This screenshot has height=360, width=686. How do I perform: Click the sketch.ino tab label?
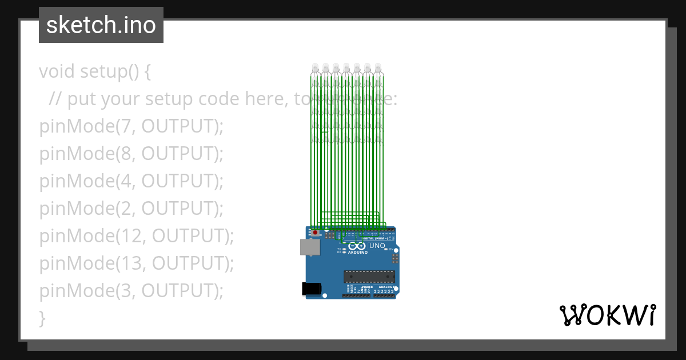coord(101,25)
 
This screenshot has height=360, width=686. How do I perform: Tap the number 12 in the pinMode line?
coord(127,236)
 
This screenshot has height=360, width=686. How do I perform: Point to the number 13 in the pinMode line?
coord(127,263)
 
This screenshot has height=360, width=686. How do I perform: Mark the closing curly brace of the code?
coord(42,318)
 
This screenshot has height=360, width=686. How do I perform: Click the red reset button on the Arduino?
coord(315,233)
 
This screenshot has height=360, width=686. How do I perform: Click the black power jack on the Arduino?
coord(310,289)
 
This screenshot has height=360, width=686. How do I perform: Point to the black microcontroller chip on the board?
coord(369,277)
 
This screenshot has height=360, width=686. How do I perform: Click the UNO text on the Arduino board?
coord(377,246)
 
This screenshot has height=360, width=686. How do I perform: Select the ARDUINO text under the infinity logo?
coord(358,252)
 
